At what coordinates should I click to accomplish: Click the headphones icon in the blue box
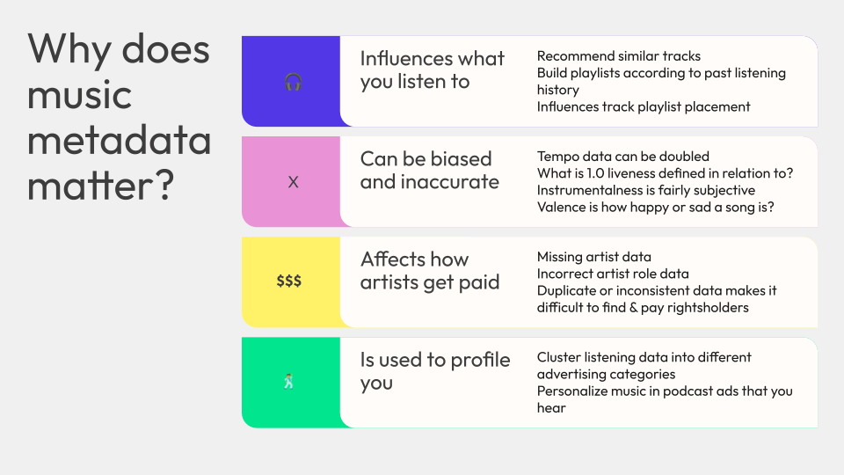(293, 82)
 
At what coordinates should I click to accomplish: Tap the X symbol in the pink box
(293, 182)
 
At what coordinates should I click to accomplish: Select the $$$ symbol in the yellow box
(289, 281)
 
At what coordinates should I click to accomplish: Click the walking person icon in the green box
(289, 381)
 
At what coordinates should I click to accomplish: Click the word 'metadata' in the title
(119, 140)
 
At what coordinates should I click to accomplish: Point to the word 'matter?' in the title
(100, 185)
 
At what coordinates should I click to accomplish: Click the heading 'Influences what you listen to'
(433, 70)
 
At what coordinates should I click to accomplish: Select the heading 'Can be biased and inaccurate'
(430, 170)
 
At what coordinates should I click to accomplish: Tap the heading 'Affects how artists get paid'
(430, 271)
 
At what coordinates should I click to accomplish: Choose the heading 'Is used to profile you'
(435, 371)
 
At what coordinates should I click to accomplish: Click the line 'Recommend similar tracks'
(618, 56)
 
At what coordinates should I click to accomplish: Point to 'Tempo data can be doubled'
(622, 157)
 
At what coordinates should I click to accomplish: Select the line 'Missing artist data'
(593, 257)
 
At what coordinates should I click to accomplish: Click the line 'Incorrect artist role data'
(613, 274)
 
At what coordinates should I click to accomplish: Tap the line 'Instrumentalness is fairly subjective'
(646, 190)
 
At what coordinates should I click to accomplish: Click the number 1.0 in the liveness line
(595, 173)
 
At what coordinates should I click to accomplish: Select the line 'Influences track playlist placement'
(644, 106)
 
